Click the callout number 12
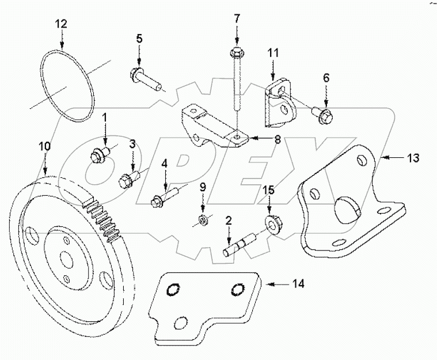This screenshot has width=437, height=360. pyautogui.click(x=61, y=24)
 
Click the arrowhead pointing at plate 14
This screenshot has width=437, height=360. pyautogui.click(x=265, y=283)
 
